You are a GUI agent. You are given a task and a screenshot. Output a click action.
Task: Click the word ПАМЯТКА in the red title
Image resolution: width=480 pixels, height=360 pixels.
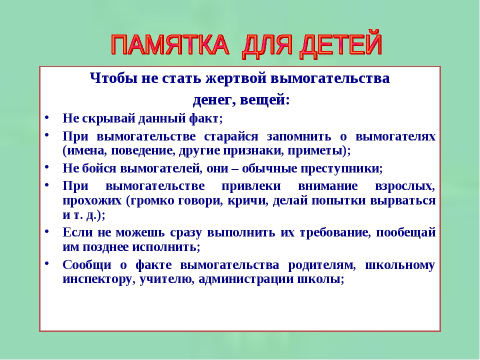pyautogui.click(x=170, y=44)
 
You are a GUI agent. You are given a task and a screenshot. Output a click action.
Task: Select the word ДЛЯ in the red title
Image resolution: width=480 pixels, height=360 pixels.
pyautogui.click(x=268, y=46)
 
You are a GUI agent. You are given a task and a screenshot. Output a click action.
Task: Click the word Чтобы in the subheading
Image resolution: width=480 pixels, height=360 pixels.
pyautogui.click(x=113, y=78)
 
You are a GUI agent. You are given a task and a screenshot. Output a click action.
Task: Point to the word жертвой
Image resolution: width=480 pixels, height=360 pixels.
pyautogui.click(x=235, y=79)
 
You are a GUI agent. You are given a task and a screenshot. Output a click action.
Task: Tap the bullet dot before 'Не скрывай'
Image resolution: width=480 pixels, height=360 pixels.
pyautogui.click(x=47, y=117)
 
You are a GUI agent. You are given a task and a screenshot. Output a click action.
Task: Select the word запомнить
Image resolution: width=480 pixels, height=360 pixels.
pyautogui.click(x=299, y=136)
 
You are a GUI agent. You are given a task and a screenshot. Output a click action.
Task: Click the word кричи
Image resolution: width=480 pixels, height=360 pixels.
pyautogui.click(x=246, y=201)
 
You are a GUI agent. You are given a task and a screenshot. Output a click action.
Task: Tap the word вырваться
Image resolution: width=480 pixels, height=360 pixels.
pyautogui.click(x=403, y=201)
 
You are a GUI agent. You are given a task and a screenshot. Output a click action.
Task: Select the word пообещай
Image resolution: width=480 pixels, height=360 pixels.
pyautogui.click(x=405, y=232)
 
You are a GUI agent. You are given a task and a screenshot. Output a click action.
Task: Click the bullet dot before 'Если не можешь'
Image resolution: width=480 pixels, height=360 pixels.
pyautogui.click(x=47, y=231)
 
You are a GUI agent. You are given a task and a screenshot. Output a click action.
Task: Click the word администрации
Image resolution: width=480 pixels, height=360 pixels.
pyautogui.click(x=246, y=279)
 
